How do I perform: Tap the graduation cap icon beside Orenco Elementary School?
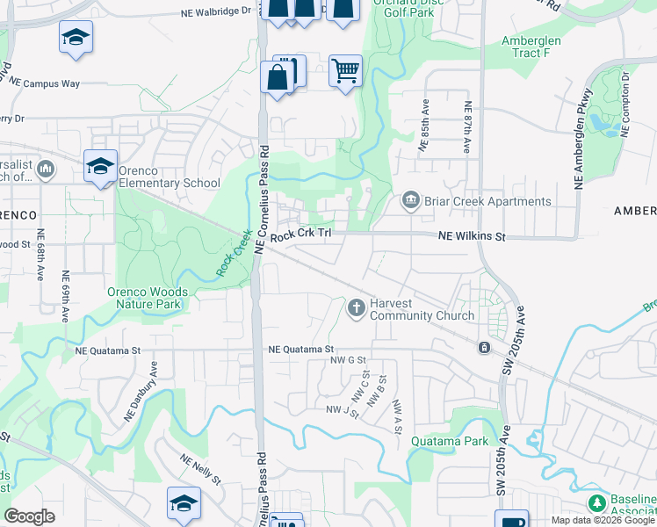pos(100,165)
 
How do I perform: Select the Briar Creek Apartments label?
pos(488,201)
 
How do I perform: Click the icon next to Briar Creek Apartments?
pos(410,202)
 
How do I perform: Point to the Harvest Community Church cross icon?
pos(356,307)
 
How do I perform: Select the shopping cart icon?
pos(345,70)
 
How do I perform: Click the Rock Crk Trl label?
pos(300,235)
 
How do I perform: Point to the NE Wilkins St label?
pos(473,237)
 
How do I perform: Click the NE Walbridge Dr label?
pos(215,12)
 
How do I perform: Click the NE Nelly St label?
pos(199,469)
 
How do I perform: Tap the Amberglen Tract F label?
pos(538,47)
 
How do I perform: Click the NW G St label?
pos(347,360)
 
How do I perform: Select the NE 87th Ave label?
pos(468,127)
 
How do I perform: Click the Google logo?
pos(29,516)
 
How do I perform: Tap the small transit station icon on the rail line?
pos(483,348)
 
